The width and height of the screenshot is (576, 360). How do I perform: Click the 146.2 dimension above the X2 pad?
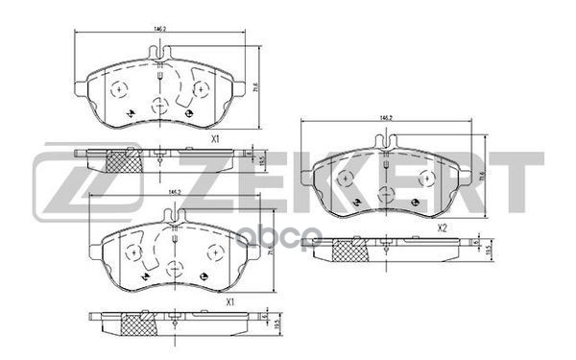pyautogui.click(x=387, y=118)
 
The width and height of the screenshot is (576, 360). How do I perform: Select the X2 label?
pyautogui.click(x=443, y=228)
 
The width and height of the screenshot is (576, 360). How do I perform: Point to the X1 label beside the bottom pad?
pyautogui.click(x=230, y=303)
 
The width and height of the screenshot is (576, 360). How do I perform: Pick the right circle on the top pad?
pyautogui.click(x=200, y=89)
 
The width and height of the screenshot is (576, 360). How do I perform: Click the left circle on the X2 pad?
pyautogui.click(x=348, y=175)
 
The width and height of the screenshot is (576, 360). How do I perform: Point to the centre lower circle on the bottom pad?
pyautogui.click(x=173, y=270)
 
